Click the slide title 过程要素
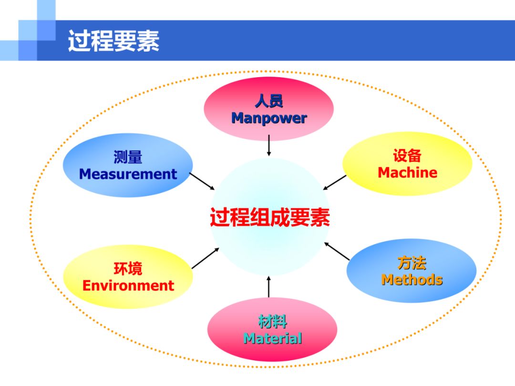pos(113,41)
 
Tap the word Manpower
pos(269,118)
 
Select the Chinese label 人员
pos(269,101)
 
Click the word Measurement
pos(128,174)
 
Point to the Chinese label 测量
pos(128,157)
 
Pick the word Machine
pos(408,173)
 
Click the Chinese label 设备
pos(407,155)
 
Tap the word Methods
pos(412,280)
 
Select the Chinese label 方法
pos(412,263)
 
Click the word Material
pos(273,338)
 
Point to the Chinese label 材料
pos(273,321)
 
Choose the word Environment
pos(128,285)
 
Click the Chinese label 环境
pos(128,268)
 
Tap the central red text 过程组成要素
pos(269,217)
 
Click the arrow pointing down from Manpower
pos(269,145)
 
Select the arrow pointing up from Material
pos(268,287)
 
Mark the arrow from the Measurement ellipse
pos(202,182)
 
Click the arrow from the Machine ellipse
pos(334,183)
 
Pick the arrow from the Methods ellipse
pos(337,251)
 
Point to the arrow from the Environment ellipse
pos(205,258)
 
